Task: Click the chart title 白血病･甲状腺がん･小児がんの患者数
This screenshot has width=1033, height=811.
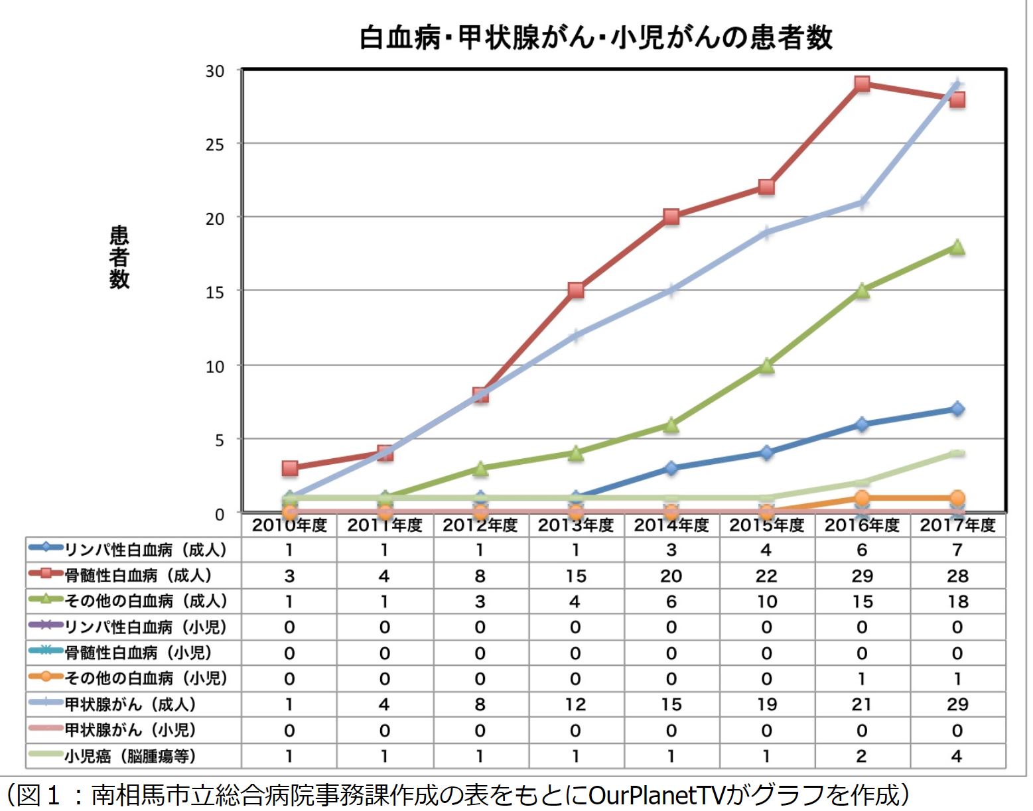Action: coord(595,38)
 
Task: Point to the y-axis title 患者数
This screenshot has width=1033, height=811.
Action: coord(119,257)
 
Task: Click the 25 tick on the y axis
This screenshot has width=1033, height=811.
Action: coord(215,145)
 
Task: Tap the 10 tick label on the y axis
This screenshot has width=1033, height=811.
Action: coord(215,366)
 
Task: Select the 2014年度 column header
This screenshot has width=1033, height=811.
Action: coord(671,526)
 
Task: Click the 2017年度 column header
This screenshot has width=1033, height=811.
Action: coord(957,526)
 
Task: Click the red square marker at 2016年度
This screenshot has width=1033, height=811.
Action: coord(862,84)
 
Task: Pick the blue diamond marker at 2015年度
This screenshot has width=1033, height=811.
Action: coord(766,454)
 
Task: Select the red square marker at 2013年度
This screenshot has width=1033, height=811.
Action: coord(576,290)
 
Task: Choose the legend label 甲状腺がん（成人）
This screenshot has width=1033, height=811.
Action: coord(131,704)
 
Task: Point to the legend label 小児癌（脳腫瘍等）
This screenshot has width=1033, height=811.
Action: coord(131,756)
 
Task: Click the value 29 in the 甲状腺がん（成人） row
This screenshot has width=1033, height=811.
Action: coord(957,704)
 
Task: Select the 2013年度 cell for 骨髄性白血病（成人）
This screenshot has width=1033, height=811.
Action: coord(576,576)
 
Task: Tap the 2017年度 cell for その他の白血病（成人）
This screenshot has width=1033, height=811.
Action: coord(957,601)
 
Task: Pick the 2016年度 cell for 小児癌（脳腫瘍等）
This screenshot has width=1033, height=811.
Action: coord(862,756)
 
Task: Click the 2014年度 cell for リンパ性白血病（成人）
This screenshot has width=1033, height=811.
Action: coord(671,550)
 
